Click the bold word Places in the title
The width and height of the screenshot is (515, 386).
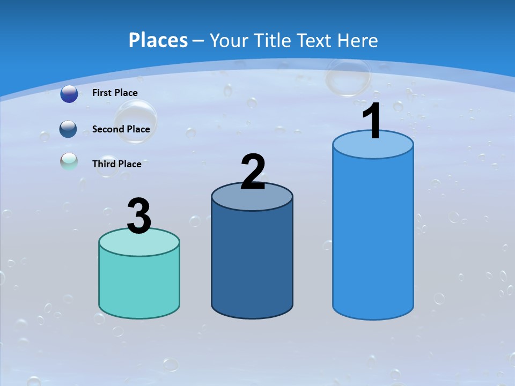point(158,40)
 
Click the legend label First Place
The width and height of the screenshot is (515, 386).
point(115,93)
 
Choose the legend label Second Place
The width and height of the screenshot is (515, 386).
point(121,129)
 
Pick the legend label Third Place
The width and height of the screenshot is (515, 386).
point(116,164)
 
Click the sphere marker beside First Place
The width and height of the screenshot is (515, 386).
point(69,94)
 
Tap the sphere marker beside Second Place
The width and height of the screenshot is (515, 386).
point(69,129)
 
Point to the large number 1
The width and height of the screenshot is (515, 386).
point(372,122)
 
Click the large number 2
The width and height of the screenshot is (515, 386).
point(253,172)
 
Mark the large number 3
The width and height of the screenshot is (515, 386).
point(139,216)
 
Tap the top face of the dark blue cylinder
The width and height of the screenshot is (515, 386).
point(252,198)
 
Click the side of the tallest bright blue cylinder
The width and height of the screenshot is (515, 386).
point(373,236)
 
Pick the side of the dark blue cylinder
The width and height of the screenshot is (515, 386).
point(252,263)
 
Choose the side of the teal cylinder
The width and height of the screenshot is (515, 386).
point(139,284)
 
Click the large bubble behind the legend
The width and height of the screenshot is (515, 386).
point(135,122)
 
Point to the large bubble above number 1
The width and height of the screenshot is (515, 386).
point(348,77)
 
